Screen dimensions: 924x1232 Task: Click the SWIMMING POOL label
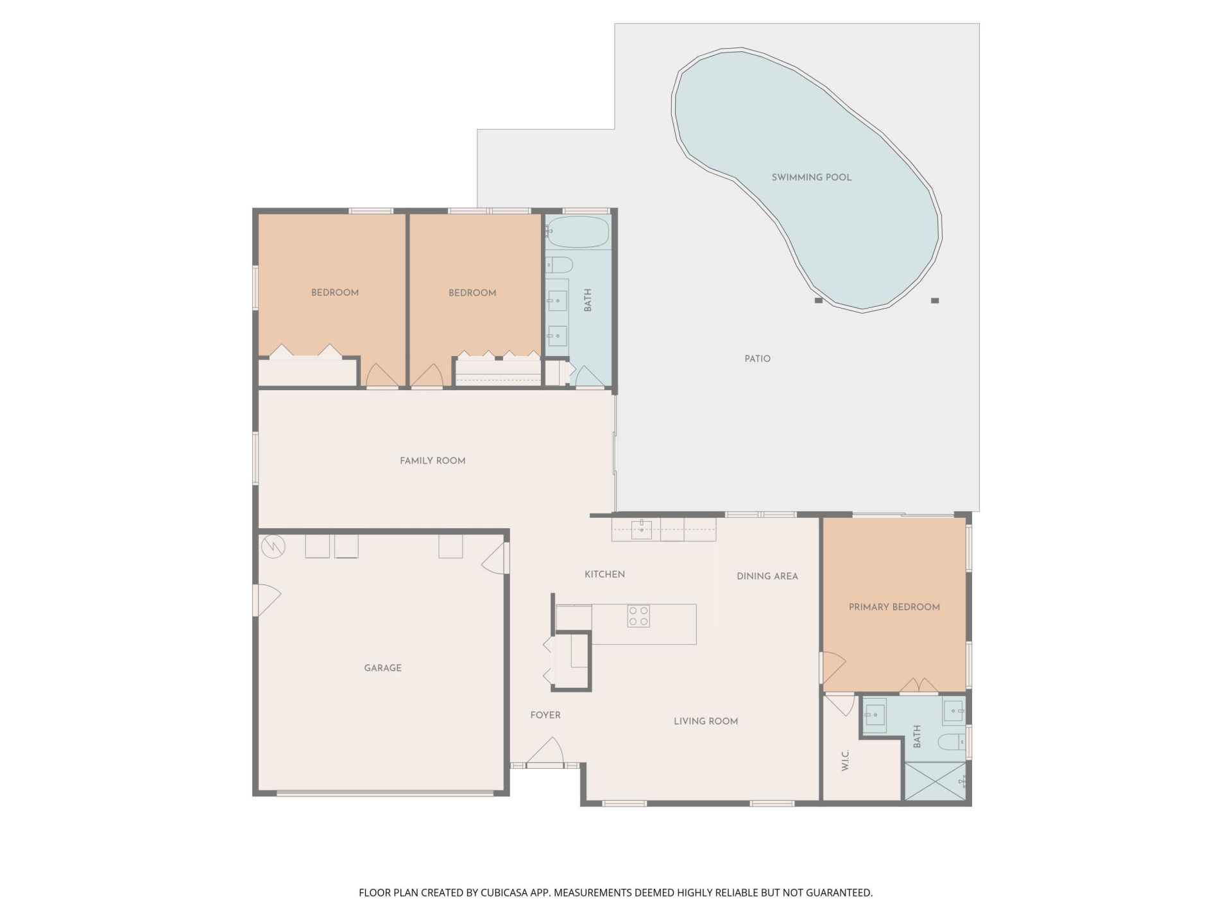click(x=811, y=177)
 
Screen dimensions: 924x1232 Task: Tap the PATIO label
click(x=757, y=359)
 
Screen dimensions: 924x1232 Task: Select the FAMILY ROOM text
click(x=432, y=461)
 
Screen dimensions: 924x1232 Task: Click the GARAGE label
click(x=382, y=668)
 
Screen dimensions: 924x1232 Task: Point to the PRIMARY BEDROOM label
click(x=894, y=607)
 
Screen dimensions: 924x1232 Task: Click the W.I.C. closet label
click(x=845, y=760)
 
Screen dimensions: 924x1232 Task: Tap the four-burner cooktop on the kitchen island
click(x=638, y=616)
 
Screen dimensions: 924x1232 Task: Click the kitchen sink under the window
click(x=641, y=530)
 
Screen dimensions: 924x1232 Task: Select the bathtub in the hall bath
click(x=577, y=232)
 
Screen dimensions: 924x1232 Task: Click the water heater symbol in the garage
click(x=273, y=547)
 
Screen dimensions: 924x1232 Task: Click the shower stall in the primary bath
click(x=935, y=781)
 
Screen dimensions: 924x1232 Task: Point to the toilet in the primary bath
click(x=952, y=742)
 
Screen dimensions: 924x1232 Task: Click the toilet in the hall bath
click(x=558, y=264)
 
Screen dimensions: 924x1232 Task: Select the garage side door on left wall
click(x=266, y=600)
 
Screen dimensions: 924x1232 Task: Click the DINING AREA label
click(x=767, y=576)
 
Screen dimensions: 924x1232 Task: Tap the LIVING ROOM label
click(x=705, y=721)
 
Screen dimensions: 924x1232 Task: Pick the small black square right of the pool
click(x=935, y=300)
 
